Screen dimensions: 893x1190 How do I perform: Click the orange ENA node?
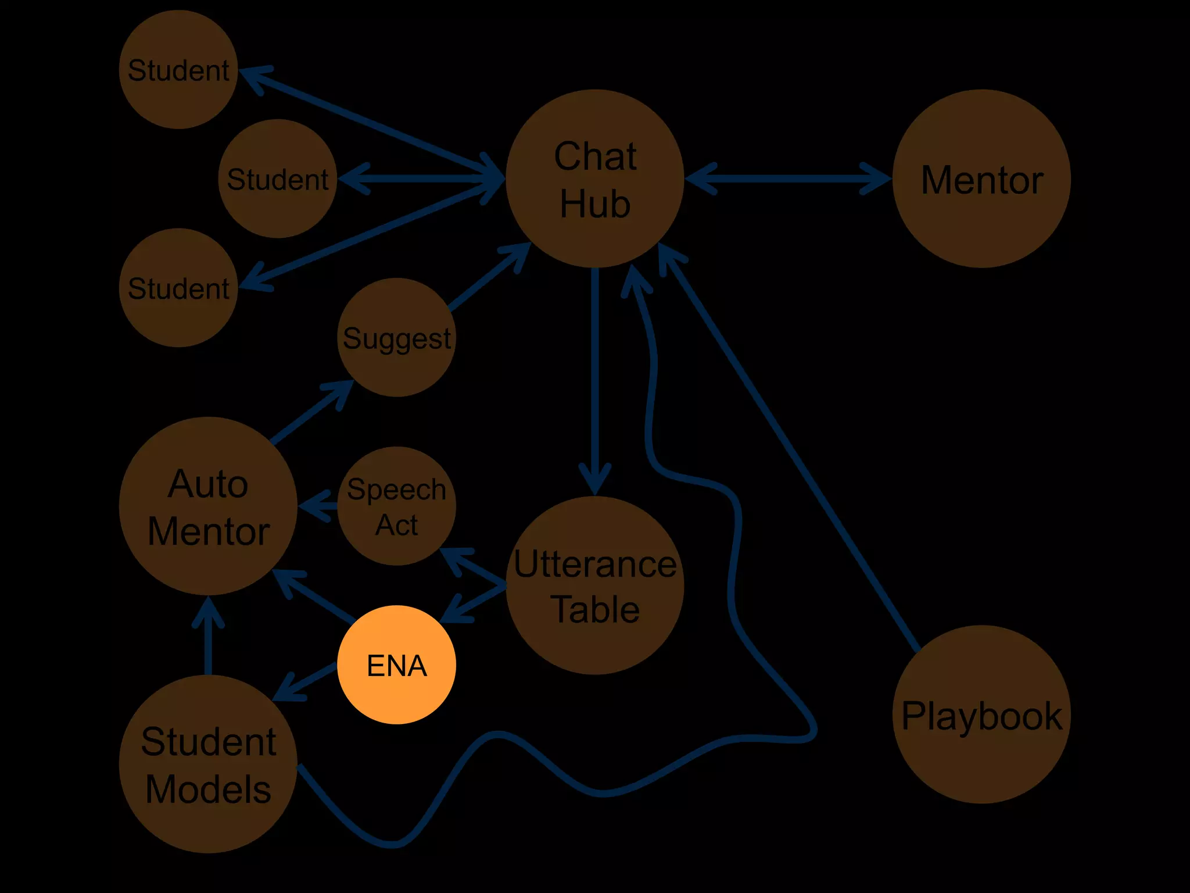coord(397,665)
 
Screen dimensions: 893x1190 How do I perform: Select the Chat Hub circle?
coord(594,178)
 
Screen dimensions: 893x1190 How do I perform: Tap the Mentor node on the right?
coord(981,178)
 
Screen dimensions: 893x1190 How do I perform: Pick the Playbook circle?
coord(981,715)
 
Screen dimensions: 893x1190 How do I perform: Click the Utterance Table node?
coord(594,585)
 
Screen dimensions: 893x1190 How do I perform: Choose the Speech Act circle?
coord(397,506)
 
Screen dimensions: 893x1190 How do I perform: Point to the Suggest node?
coord(397,337)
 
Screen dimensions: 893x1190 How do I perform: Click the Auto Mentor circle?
coord(208,506)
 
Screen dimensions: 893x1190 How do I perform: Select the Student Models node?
coord(208,764)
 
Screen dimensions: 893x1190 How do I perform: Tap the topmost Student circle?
coord(178,69)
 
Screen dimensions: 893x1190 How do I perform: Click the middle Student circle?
coord(278,178)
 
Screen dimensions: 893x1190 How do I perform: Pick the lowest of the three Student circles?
coord(178,288)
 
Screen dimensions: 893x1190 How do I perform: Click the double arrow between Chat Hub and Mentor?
coord(787,178)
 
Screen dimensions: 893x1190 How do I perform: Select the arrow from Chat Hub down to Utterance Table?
coord(594,378)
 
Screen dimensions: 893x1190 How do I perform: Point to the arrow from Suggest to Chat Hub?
coord(488,277)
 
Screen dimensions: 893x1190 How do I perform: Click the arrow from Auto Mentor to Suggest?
coord(311,413)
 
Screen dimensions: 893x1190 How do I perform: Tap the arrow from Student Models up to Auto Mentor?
coord(208,637)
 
